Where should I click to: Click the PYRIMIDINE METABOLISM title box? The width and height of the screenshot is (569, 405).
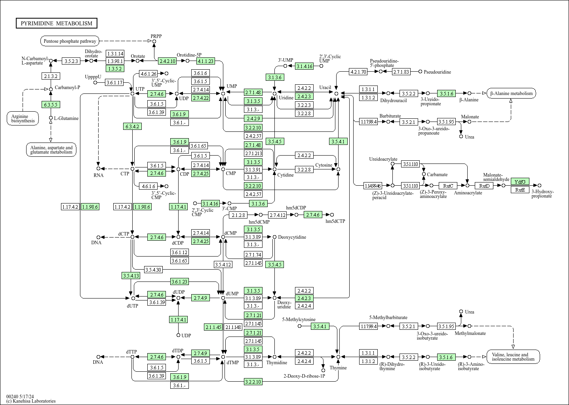pos(56,23)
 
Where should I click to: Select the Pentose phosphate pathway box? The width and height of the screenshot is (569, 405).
pos(70,41)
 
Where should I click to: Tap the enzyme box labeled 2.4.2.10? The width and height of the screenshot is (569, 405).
pos(167,61)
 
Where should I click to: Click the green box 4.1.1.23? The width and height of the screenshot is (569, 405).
pos(206,61)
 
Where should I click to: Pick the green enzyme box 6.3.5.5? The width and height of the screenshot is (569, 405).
pos(50,105)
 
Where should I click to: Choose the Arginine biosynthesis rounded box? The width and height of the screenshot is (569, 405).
pos(23,118)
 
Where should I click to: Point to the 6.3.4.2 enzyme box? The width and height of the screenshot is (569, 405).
pos(133,126)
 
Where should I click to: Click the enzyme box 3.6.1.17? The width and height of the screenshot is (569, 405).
pos(114,82)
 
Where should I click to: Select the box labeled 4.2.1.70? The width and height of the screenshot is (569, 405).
pos(358,72)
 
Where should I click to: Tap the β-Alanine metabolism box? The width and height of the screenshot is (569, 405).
pos(512,93)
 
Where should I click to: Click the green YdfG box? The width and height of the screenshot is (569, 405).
pos(520,181)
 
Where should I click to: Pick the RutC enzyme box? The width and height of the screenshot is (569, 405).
pos(448,185)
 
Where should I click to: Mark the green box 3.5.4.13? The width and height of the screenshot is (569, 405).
pos(131,276)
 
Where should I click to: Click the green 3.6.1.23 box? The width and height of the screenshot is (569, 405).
pos(179,281)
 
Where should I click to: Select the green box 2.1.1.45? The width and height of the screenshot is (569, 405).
pos(213,327)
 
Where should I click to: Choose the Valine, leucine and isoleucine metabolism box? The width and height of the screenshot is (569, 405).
pos(513,357)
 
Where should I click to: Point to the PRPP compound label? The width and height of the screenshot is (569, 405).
pos(156,36)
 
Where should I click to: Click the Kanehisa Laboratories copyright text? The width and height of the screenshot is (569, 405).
pos(31,401)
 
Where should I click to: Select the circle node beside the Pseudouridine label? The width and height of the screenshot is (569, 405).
pos(420,72)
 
